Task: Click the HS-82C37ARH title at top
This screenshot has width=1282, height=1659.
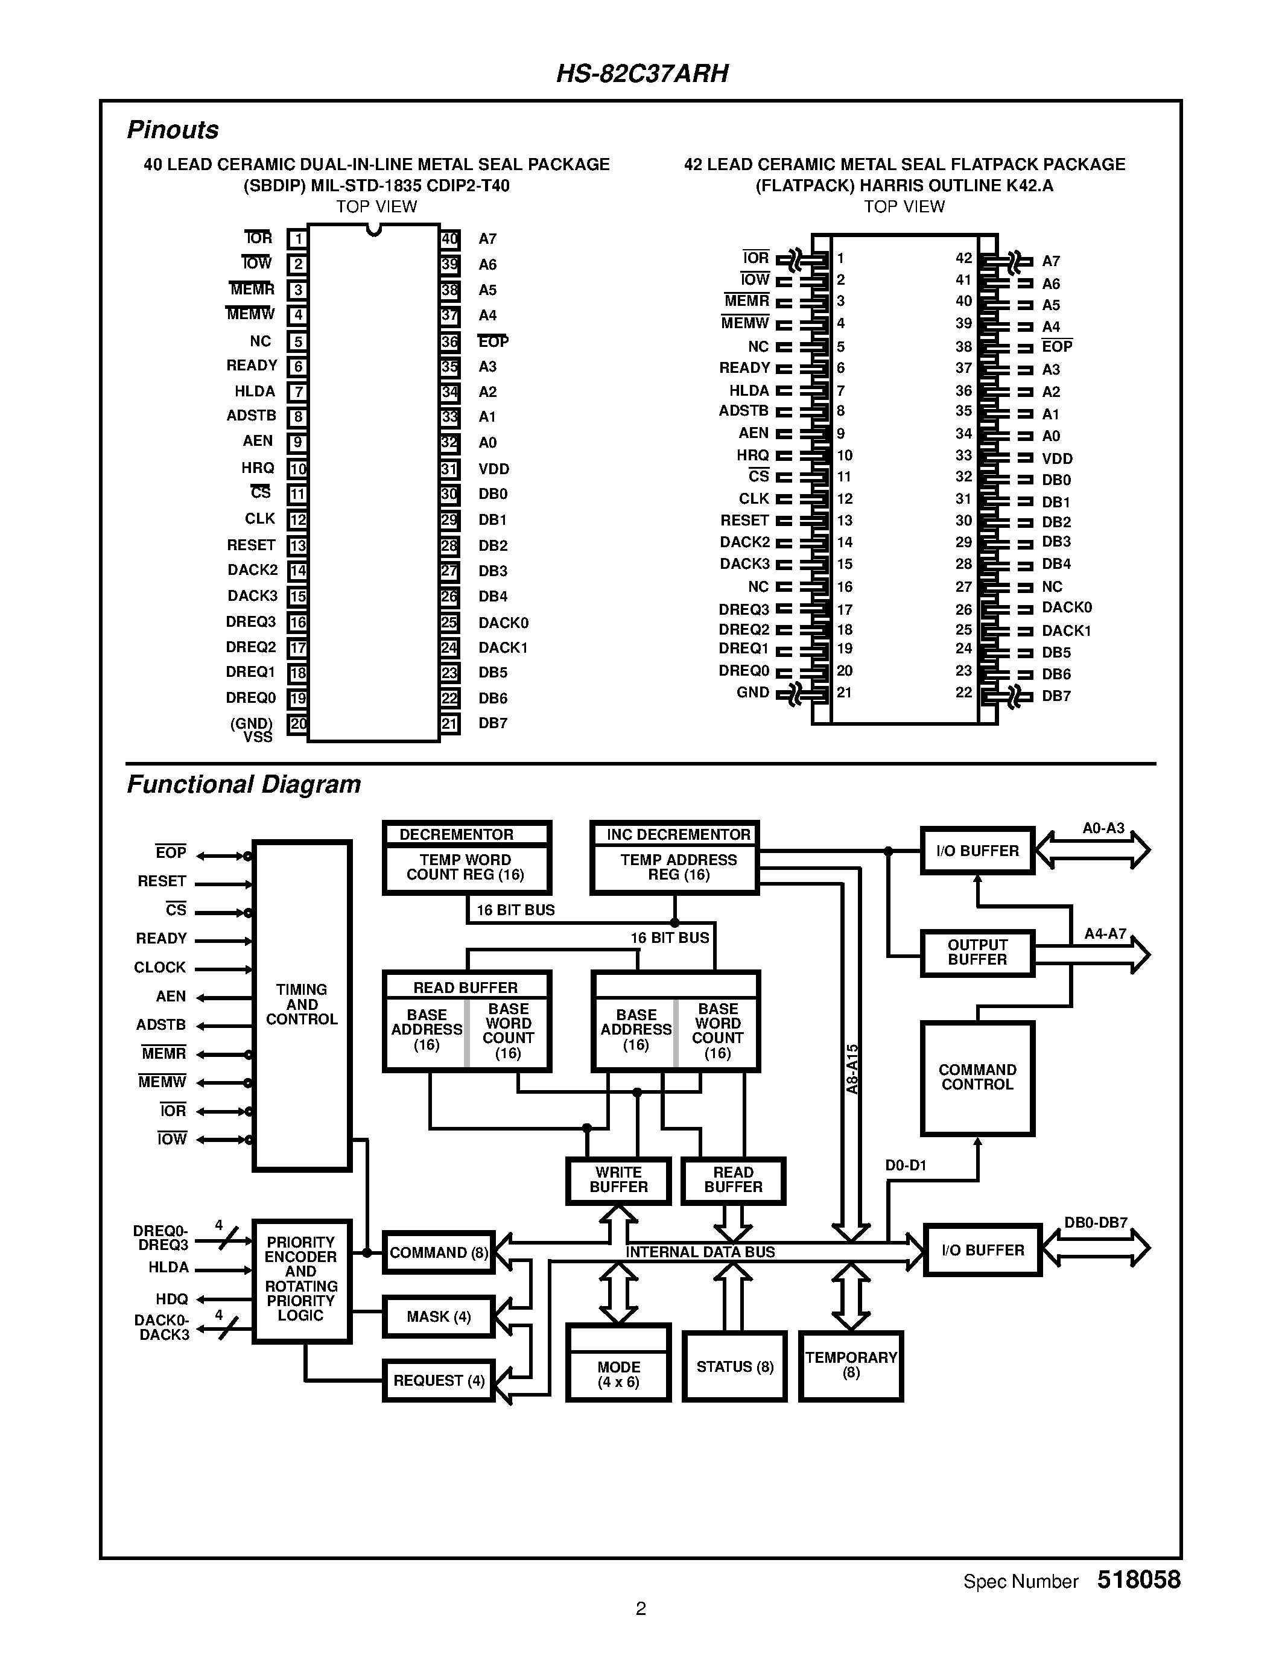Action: tap(642, 74)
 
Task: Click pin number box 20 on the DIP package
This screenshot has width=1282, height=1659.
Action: tap(297, 724)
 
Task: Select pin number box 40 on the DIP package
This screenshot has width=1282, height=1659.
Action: tap(449, 239)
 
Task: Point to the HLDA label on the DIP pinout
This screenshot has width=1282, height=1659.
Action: tap(255, 391)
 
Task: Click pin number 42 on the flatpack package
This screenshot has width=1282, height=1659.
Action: tap(963, 258)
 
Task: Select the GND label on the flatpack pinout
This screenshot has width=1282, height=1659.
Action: tap(753, 692)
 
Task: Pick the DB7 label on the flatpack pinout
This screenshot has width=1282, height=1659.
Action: tap(1056, 696)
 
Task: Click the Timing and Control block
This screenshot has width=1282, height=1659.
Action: tap(302, 1004)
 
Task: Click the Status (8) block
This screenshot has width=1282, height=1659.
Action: tap(734, 1366)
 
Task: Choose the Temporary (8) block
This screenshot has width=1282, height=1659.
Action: tap(851, 1365)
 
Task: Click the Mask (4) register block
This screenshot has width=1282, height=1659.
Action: tap(438, 1316)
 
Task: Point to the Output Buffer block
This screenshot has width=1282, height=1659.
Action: tap(977, 953)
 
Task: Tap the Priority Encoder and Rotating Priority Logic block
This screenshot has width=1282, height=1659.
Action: tap(301, 1280)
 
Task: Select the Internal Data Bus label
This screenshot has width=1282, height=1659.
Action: tap(699, 1252)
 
